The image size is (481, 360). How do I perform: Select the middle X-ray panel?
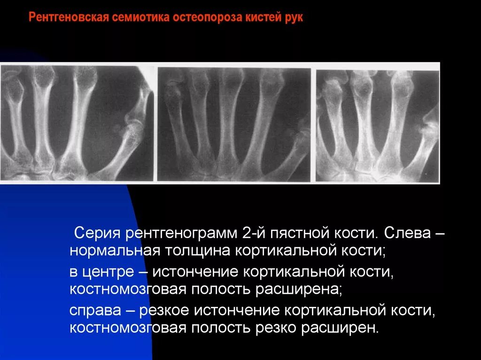pos(233,124)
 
